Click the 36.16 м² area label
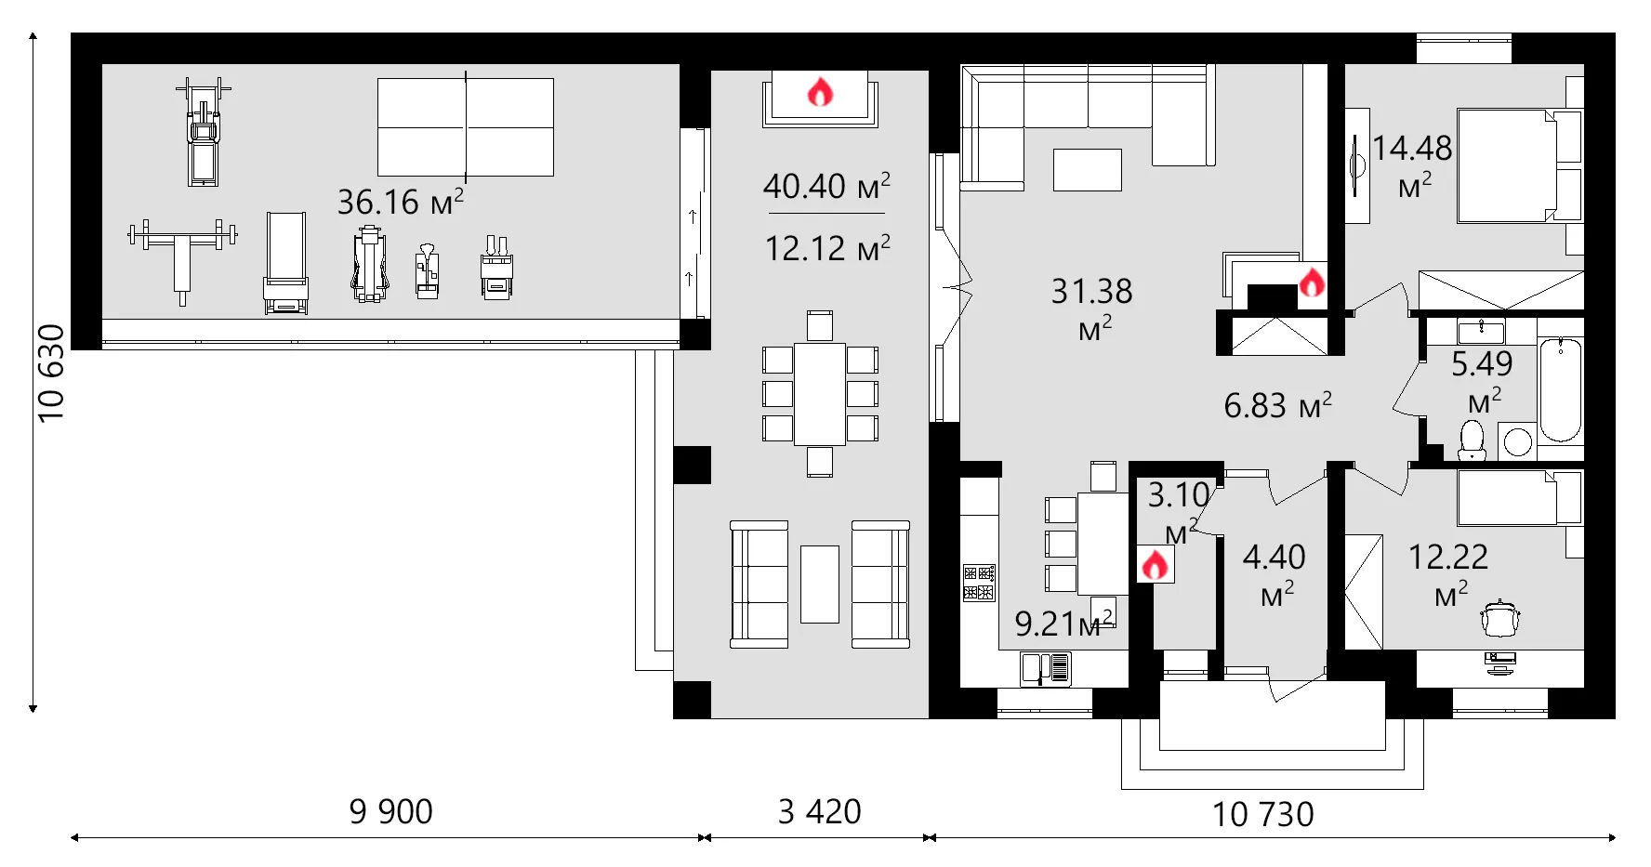point(400,201)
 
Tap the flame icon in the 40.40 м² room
point(819,92)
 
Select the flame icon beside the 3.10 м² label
point(1155,564)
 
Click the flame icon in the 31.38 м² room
point(1311,282)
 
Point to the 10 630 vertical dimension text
point(51,373)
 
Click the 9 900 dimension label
point(390,811)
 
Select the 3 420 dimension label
point(819,811)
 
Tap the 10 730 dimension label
point(1262,814)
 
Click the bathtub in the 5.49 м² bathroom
point(1560,390)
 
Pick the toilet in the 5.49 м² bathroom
point(1472,440)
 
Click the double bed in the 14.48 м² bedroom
point(1506,165)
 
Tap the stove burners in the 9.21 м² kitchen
point(979,583)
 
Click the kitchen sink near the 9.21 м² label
point(1045,668)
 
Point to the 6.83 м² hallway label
point(1277,405)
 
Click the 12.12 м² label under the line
point(826,248)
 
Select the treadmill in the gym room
point(204,132)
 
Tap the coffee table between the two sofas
point(819,584)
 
